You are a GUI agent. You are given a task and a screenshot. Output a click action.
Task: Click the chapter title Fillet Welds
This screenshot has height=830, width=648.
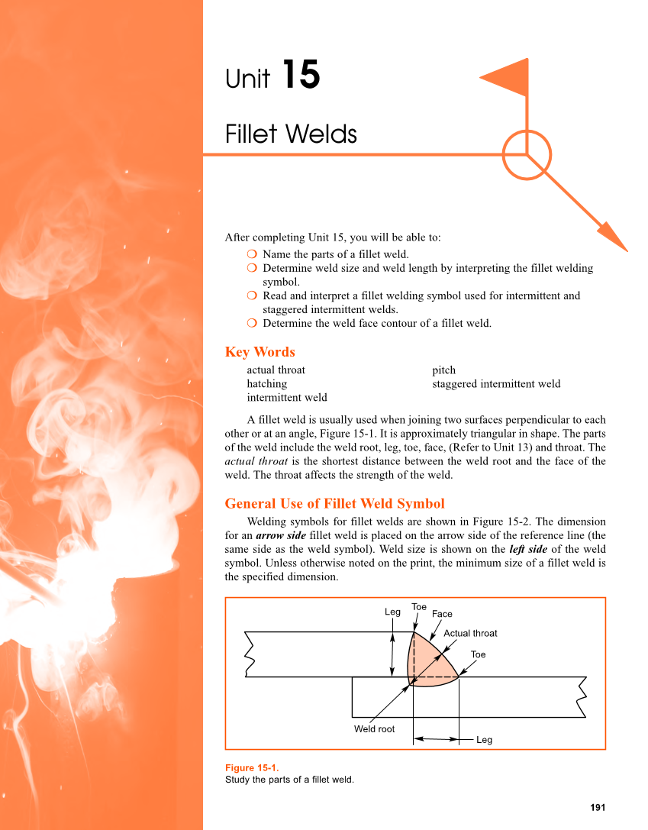tap(291, 134)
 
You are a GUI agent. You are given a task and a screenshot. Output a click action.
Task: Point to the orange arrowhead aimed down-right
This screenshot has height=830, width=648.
tap(612, 236)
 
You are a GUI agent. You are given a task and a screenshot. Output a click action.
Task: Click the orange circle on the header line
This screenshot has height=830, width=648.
tap(527, 155)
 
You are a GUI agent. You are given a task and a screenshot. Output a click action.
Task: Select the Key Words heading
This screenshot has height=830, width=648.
tap(260, 352)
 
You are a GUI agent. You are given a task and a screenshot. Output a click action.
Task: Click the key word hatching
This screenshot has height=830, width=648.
tap(266, 383)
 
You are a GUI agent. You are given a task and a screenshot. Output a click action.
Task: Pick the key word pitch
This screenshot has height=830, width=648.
tap(443, 370)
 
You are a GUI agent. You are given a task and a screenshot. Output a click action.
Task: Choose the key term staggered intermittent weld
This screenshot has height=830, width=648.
tap(496, 383)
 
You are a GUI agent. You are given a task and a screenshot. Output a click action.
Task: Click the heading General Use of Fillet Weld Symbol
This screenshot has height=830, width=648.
tap(334, 503)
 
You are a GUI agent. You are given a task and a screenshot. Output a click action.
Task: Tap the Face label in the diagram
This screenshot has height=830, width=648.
tap(442, 614)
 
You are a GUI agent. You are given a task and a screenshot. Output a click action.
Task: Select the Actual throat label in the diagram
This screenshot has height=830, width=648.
tap(470, 633)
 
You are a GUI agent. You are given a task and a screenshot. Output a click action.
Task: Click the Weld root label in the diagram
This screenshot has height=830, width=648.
tap(374, 729)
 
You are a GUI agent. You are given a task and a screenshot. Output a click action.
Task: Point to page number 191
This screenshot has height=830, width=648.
tap(598, 807)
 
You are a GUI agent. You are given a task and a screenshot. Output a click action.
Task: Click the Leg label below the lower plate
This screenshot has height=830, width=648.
tap(484, 740)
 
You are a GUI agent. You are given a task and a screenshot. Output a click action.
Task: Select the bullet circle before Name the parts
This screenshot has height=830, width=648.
tap(252, 254)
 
